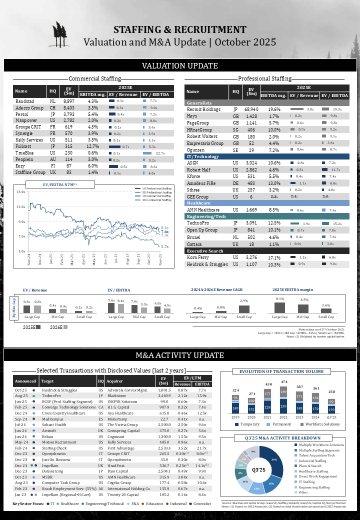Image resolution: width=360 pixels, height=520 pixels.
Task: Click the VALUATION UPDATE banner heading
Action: (x=180, y=66)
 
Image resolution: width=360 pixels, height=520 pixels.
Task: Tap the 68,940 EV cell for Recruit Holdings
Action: (x=251, y=109)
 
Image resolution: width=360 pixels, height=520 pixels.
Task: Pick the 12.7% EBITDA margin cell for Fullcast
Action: (x=92, y=146)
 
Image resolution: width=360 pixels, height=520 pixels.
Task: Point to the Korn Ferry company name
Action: (x=198, y=257)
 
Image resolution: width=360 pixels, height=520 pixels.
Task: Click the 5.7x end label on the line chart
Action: (x=164, y=246)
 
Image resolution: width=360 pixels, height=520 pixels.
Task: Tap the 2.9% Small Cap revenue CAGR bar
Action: (x=244, y=309)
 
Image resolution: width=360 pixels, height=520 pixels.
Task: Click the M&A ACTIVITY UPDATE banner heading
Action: (x=180, y=355)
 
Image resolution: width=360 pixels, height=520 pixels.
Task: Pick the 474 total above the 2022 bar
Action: (x=283, y=382)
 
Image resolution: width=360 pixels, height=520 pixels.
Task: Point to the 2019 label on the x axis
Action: (x=235, y=417)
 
